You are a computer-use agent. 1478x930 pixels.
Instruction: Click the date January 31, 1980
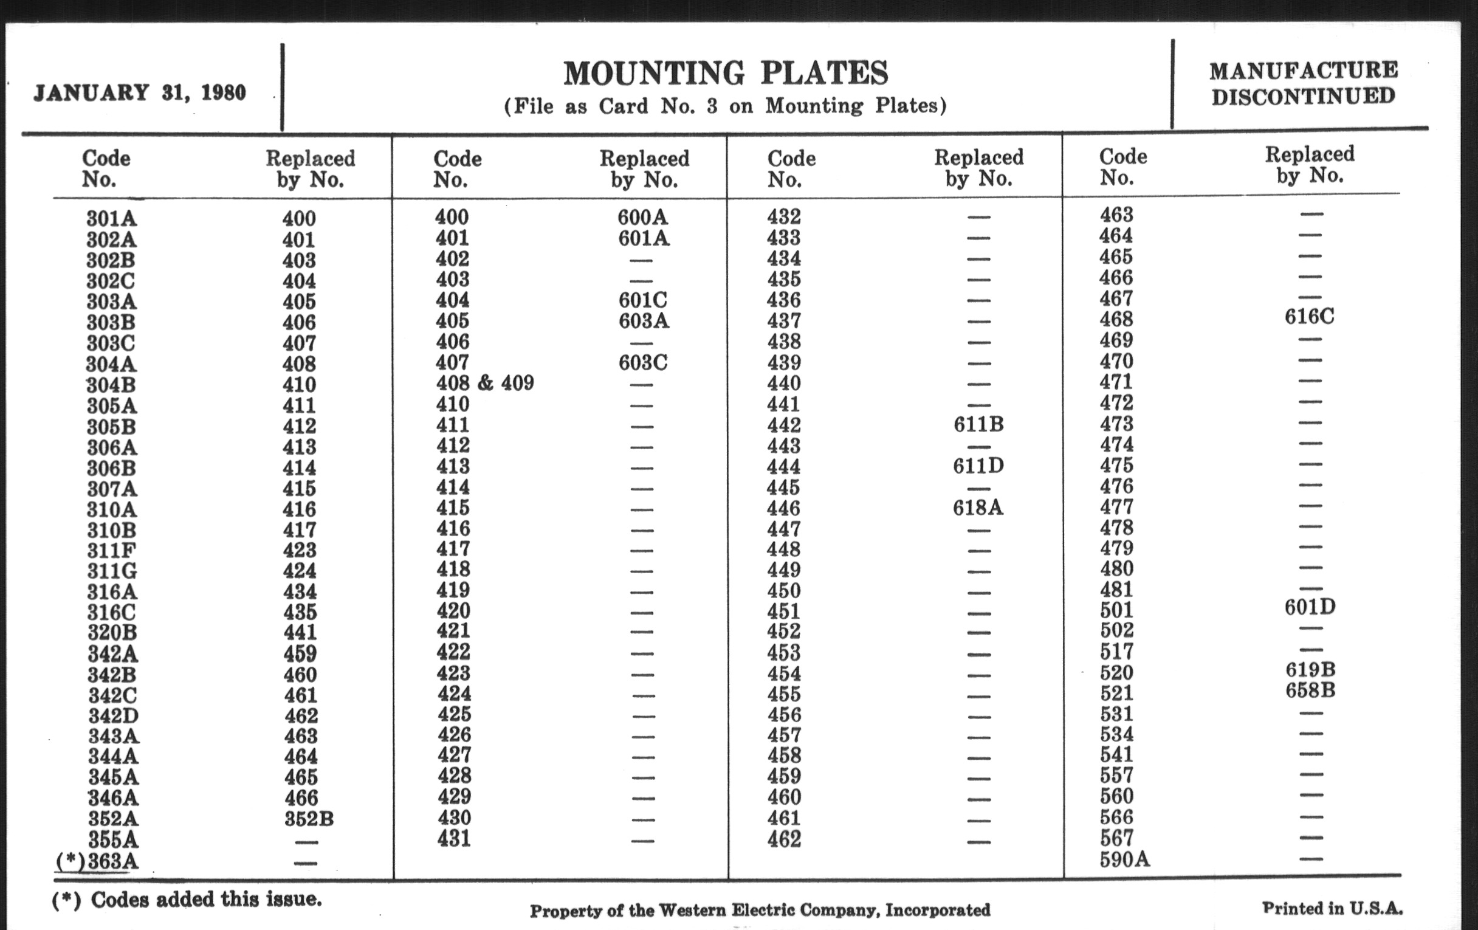point(140,92)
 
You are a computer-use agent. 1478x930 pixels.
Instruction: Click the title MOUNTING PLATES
point(726,74)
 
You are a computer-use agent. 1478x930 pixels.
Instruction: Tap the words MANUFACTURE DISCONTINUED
point(1304,83)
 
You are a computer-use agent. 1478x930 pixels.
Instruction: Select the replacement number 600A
point(642,216)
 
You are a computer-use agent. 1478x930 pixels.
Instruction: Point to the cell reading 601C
point(642,300)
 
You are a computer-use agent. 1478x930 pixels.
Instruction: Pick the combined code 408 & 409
point(485,383)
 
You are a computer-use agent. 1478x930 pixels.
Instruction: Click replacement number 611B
point(978,424)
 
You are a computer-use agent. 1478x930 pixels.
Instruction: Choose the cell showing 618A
point(978,508)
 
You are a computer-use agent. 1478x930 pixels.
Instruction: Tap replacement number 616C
point(1309,317)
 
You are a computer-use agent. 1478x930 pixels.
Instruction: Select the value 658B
point(1310,691)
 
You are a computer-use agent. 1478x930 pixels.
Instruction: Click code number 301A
point(111,219)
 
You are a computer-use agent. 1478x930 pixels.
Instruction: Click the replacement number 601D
point(1310,607)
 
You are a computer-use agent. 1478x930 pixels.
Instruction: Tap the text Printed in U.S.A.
point(1332,909)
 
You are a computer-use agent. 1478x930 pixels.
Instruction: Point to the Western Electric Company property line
point(760,910)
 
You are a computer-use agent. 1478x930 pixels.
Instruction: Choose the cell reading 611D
point(978,466)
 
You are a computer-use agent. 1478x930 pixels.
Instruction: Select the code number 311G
point(112,571)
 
